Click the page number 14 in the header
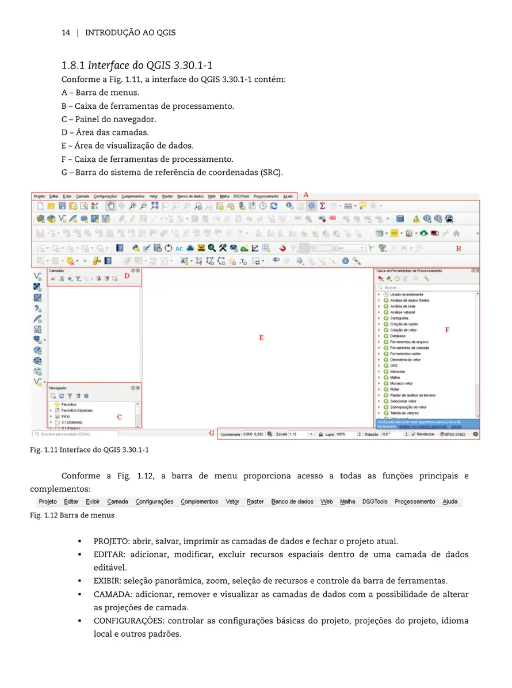coord(66,33)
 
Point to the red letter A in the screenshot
coord(305,195)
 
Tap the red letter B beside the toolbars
coord(458,249)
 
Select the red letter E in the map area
coord(261,338)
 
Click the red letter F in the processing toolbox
coord(446,330)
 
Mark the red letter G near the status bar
coord(211,433)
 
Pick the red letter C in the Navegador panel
coord(119,416)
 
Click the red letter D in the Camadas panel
coord(127,275)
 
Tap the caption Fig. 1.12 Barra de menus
coord(72,515)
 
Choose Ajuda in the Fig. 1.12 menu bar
coord(450,501)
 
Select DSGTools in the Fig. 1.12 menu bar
coord(375,501)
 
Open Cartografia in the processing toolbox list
coord(399,318)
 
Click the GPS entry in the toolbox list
coord(393,366)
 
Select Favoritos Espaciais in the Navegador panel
coord(77,410)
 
